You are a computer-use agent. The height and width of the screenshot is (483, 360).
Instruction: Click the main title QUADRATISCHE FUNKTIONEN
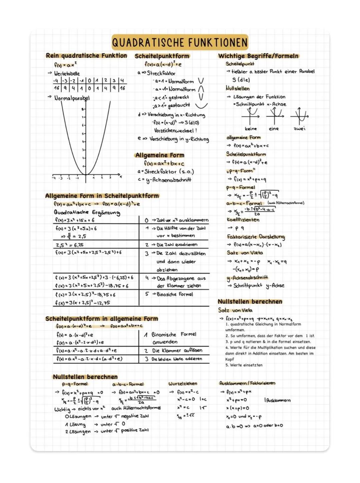coord(180,43)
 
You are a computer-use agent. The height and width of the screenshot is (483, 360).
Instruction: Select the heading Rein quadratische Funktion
coord(86,56)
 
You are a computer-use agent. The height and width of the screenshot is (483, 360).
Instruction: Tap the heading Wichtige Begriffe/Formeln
coord(258,56)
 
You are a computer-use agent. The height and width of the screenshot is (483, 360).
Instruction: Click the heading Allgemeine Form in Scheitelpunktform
coord(102,196)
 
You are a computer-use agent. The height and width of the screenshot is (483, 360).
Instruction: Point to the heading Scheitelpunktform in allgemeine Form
coord(102,319)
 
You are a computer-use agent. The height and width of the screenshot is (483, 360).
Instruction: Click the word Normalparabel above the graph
coord(72,98)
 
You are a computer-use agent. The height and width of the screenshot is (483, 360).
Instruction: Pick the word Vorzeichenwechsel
coord(175,131)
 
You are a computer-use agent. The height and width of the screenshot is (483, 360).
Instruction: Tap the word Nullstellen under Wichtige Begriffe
coord(237,89)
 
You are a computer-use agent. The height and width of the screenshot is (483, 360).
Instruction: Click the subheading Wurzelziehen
coord(183,384)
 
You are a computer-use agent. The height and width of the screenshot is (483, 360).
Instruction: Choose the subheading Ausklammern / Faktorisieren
coord(247,383)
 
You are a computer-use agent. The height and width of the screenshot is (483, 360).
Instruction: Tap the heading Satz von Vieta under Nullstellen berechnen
coord(235,310)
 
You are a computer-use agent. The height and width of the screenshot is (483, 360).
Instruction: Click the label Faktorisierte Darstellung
coord(256,237)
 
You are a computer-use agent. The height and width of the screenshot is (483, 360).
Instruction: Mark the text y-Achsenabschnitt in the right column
coord(247,277)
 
